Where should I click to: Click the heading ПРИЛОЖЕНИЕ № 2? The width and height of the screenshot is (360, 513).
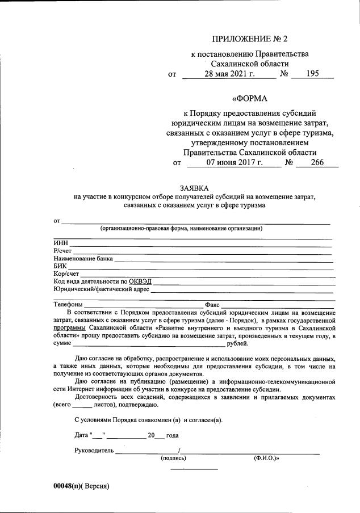[250, 39]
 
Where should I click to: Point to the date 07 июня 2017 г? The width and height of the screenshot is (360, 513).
[235, 163]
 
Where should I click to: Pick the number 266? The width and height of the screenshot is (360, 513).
[316, 163]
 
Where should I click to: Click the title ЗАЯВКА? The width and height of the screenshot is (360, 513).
[194, 188]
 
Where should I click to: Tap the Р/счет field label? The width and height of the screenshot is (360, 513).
[62, 251]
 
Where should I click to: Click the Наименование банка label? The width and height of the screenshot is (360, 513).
[83, 259]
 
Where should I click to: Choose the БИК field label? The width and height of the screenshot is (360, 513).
[60, 266]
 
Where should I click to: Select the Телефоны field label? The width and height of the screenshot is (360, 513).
[68, 305]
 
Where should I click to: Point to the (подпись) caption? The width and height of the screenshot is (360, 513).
[173, 457]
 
